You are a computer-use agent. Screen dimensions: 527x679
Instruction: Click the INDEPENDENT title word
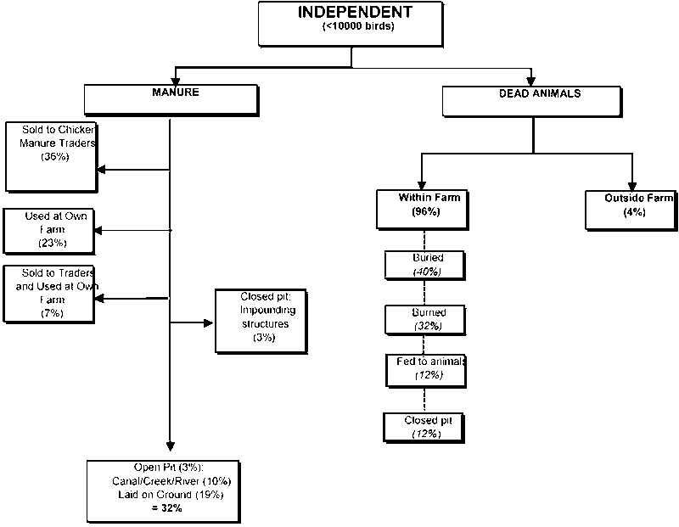coord(356,13)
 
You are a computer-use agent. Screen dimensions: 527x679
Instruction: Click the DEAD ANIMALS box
coord(534,99)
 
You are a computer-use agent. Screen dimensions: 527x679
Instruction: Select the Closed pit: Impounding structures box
coord(255,321)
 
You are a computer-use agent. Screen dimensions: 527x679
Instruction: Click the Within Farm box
coord(424,208)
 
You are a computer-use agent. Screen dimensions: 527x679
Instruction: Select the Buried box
coord(426,264)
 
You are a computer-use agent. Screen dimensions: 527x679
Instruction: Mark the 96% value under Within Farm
coord(424,211)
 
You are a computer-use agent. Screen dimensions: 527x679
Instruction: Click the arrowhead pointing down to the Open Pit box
coord(171,449)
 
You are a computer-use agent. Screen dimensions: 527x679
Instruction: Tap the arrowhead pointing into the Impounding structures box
coord(208,322)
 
